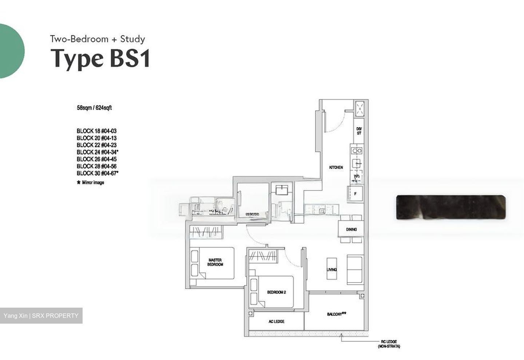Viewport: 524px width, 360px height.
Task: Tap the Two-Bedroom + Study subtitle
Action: (98, 39)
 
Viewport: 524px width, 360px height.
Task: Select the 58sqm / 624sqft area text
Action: (94, 108)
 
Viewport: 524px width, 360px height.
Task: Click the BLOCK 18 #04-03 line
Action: (96, 131)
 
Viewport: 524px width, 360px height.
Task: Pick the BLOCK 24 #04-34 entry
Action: (98, 152)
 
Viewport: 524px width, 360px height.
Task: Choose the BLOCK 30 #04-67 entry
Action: (98, 173)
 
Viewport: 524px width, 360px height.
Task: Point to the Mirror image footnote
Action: (91, 183)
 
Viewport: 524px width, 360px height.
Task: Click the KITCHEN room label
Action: (336, 167)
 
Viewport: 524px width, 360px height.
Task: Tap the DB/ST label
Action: (359, 131)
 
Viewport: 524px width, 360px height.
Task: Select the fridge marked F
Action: (356, 194)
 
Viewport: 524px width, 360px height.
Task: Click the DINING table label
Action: (351, 229)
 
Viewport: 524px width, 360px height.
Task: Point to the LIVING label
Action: (332, 269)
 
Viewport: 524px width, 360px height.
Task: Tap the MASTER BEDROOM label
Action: (215, 262)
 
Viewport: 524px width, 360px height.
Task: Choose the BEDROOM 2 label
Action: (276, 292)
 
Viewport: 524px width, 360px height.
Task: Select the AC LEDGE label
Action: (277, 321)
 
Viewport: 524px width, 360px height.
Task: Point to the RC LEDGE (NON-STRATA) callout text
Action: (389, 344)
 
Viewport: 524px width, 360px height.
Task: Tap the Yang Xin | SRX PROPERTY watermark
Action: (41, 316)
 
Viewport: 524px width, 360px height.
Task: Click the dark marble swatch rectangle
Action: (450, 207)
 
